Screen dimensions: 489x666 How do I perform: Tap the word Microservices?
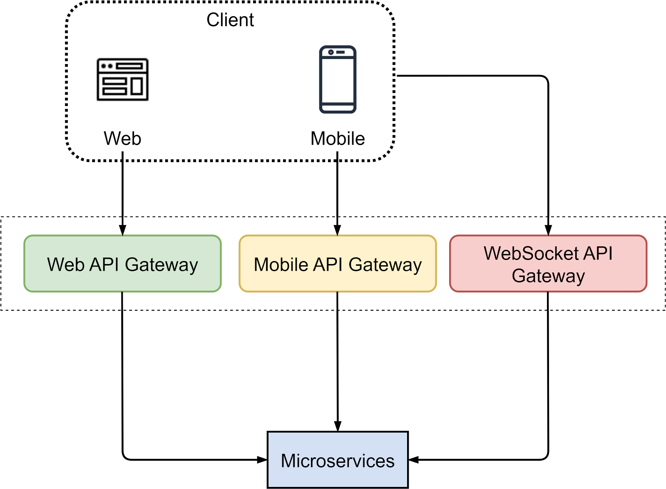click(338, 461)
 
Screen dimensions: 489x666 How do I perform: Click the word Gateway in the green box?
click(162, 265)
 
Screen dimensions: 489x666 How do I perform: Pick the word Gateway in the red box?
click(548, 276)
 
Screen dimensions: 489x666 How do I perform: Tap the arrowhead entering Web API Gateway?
click(122, 230)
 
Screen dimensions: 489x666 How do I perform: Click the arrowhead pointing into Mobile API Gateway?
click(338, 230)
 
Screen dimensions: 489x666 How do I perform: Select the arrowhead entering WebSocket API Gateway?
click(548, 230)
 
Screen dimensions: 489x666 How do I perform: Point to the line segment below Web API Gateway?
click(122, 301)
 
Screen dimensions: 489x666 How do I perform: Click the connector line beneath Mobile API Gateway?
click(337, 301)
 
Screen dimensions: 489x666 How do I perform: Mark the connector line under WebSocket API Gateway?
click(548, 301)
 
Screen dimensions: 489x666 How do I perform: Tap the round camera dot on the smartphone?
click(331, 52)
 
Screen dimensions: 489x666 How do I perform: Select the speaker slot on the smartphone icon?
click(340, 52)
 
